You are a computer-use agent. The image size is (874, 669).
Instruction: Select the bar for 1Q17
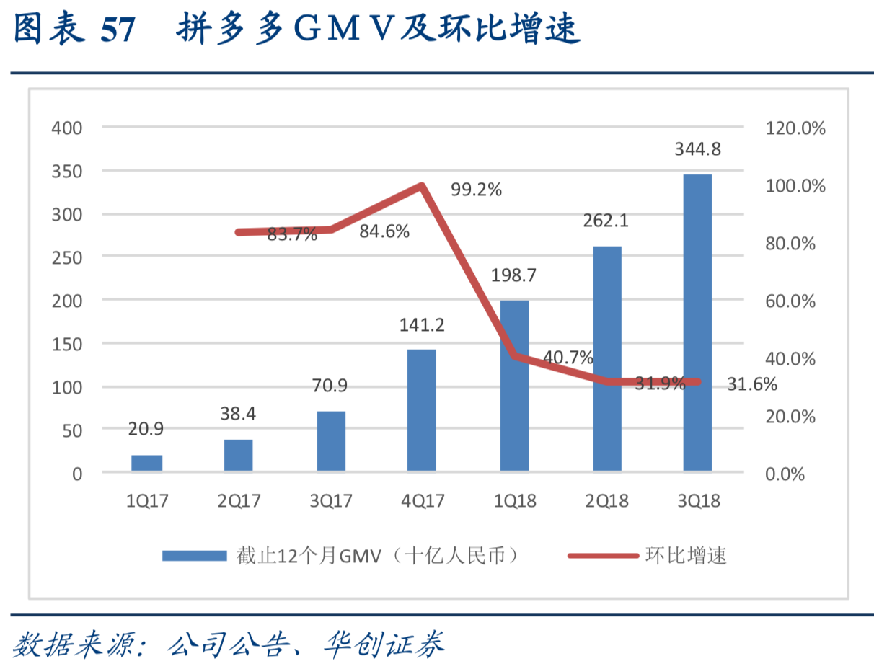coord(147,463)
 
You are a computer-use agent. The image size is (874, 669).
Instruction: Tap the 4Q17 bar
coord(421,410)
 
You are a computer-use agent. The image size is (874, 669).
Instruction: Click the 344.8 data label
coord(697,150)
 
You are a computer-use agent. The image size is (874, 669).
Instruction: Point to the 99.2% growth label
coord(476,190)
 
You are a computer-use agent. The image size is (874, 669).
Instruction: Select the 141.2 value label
coord(422,325)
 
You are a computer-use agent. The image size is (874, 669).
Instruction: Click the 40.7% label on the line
coord(568,357)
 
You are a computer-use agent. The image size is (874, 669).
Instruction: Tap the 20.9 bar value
coord(146,429)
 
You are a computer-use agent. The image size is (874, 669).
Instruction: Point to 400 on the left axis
coord(67,128)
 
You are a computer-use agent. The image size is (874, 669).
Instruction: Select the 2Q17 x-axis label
coord(239,501)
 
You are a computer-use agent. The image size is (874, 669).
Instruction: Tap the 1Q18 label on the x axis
coord(514,501)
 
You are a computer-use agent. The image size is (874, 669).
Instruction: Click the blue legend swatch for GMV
coord(194,556)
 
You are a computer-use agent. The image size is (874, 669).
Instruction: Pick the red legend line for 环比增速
coord(603,556)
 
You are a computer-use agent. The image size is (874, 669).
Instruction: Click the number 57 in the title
coord(118,31)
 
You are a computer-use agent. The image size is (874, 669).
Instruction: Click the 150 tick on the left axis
coord(67,344)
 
